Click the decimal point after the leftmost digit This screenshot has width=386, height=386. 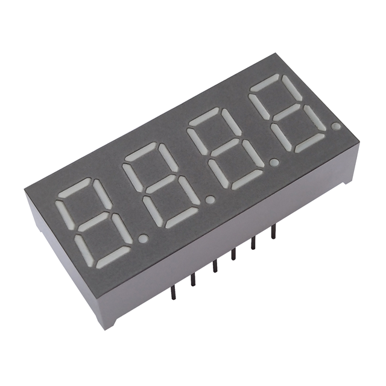[x=143, y=239]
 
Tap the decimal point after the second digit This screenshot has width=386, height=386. [x=210, y=198]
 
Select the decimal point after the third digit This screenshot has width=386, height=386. [x=274, y=162]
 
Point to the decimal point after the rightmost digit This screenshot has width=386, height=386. [x=335, y=126]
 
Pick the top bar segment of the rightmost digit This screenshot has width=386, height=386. [x=269, y=82]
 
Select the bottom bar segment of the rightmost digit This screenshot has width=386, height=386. [x=311, y=142]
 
